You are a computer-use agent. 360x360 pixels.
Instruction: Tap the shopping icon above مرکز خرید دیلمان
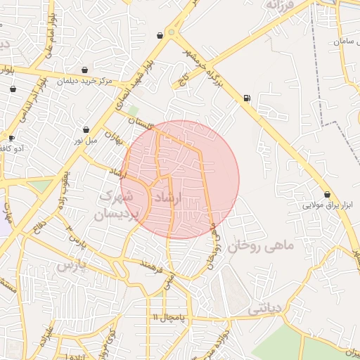tap(85, 70)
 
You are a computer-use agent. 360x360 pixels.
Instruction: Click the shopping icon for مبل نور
tap(86, 130)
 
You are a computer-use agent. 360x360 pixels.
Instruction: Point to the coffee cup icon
tap(11, 138)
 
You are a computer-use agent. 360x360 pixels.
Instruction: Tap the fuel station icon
tap(246, 98)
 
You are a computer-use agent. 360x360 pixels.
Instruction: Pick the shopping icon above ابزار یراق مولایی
tap(327, 195)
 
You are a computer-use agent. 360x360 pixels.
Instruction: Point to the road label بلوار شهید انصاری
tap(133, 85)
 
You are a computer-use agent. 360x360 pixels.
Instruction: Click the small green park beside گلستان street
tap(132, 110)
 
